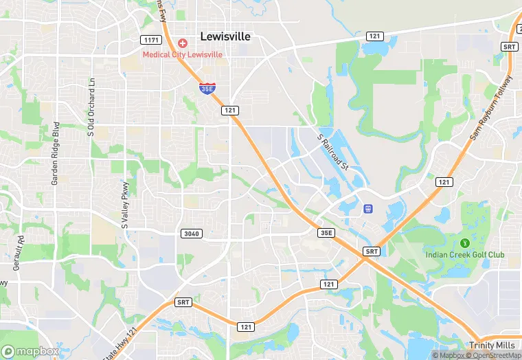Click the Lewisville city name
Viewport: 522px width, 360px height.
[225, 36]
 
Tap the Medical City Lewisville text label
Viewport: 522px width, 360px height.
[183, 54]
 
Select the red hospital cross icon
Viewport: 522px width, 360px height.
[183, 43]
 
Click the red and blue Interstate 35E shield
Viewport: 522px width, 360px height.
[207, 88]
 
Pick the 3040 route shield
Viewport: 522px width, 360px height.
[192, 234]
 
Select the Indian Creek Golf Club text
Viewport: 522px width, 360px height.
[464, 255]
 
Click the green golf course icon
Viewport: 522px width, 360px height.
[464, 243]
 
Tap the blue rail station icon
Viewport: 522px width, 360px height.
[367, 208]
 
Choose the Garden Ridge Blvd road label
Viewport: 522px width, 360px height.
[55, 153]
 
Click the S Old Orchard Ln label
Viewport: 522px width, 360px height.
[90, 107]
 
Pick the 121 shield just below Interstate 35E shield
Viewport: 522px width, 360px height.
[229, 110]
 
